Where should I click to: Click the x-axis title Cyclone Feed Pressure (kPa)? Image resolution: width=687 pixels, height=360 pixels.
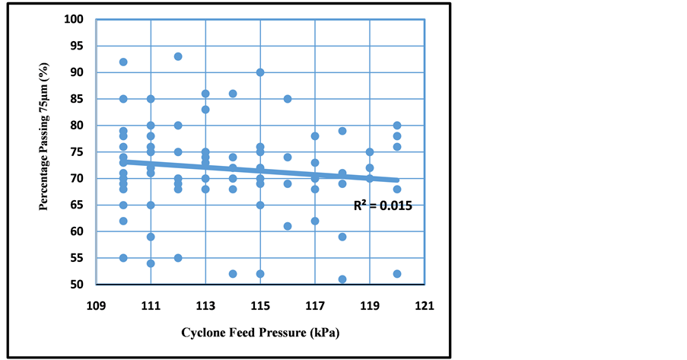pyautogui.click(x=260, y=333)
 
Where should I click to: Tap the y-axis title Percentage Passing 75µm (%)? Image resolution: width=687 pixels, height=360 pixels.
pyautogui.click(x=52, y=151)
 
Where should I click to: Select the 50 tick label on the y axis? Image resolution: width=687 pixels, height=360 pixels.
pyautogui.click(x=78, y=285)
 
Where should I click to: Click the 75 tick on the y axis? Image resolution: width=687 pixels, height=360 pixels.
pyautogui.click(x=78, y=151)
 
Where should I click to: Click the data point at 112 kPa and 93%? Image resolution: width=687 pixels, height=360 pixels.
pyautogui.click(x=178, y=56)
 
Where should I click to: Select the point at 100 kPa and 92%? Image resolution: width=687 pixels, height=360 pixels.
pyautogui.click(x=123, y=62)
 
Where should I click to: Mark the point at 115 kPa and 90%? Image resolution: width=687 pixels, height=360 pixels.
pyautogui.click(x=260, y=72)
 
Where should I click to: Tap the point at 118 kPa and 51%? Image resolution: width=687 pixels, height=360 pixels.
pyautogui.click(x=342, y=279)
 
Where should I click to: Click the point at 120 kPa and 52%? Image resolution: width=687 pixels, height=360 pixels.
pyautogui.click(x=397, y=274)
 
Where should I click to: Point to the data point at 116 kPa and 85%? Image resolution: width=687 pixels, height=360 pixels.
pyautogui.click(x=288, y=99)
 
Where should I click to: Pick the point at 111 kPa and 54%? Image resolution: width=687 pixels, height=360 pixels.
pyautogui.click(x=151, y=263)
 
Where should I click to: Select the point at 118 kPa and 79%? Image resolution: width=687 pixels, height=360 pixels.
pyautogui.click(x=342, y=131)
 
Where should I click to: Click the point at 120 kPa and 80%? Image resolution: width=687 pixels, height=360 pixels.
pyautogui.click(x=397, y=126)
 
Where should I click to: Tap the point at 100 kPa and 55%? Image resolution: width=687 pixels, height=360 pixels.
pyautogui.click(x=123, y=258)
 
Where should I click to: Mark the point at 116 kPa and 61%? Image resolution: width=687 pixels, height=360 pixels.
pyautogui.click(x=288, y=226)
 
